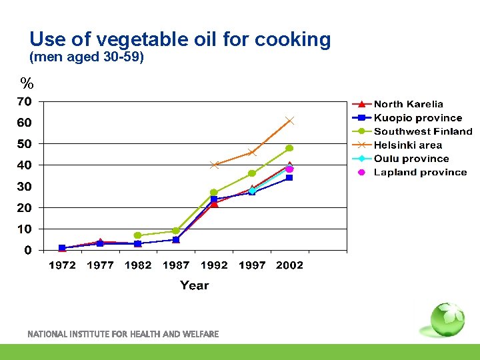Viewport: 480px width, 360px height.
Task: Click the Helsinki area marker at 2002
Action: click(x=289, y=121)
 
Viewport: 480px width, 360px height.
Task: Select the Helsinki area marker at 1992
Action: click(x=214, y=165)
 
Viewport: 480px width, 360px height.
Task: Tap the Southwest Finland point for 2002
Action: click(x=289, y=148)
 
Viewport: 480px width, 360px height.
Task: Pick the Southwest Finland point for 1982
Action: click(x=137, y=235)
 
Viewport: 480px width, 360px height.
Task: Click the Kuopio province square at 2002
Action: click(x=289, y=178)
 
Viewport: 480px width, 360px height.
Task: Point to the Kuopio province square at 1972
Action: click(x=62, y=248)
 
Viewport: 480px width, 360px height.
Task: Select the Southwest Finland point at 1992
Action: click(x=214, y=193)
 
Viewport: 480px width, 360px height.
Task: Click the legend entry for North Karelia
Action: click(x=408, y=104)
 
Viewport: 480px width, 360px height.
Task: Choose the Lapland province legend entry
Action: click(x=420, y=172)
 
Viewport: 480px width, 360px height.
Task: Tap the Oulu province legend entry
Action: click(x=411, y=159)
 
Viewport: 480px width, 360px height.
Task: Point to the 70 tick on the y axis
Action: click(x=24, y=102)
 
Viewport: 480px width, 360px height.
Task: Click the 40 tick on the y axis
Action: click(x=24, y=165)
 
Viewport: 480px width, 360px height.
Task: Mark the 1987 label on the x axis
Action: click(x=176, y=265)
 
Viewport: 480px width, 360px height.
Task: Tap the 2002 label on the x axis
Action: click(x=289, y=265)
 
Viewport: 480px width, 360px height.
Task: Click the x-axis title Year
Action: click(x=194, y=285)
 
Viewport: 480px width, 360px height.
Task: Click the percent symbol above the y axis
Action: click(x=27, y=84)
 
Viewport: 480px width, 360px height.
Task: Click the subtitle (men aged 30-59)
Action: click(x=87, y=57)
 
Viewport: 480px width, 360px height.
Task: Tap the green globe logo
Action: click(x=445, y=320)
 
